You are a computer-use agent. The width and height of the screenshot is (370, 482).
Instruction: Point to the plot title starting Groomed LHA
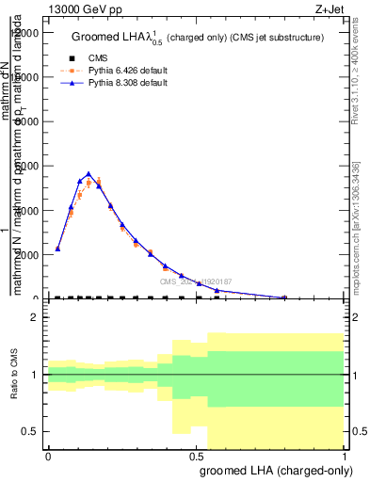pos(198,37)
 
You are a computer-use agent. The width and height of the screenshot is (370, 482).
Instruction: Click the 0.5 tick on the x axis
pos(197,456)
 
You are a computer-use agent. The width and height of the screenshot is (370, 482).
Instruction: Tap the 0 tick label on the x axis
pos(48,456)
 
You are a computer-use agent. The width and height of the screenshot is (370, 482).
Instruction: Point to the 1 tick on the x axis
pos(346,456)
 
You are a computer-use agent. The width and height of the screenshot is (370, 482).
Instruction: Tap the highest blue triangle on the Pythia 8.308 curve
pos(88,174)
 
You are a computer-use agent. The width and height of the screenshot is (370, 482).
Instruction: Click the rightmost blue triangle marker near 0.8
pos(284,297)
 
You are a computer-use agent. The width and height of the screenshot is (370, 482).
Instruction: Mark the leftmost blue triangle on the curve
pos(58,249)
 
